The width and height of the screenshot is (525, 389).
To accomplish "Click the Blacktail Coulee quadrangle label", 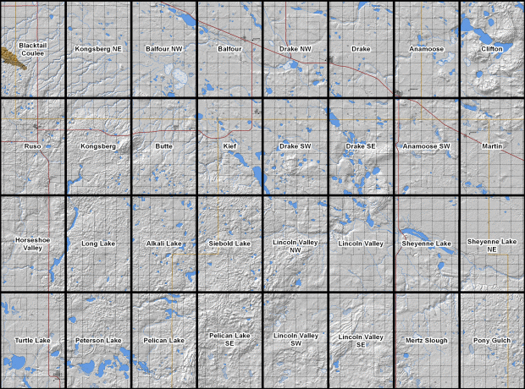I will click(x=32, y=49).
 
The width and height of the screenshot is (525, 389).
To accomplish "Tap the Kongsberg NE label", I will click(x=98, y=49).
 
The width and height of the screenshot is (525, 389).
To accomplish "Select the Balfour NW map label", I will click(x=164, y=49).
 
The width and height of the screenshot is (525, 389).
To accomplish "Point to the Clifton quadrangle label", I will click(x=492, y=49).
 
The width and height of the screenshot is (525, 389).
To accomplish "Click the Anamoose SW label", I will click(x=426, y=146).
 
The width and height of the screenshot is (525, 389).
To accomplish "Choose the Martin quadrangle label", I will click(x=492, y=146).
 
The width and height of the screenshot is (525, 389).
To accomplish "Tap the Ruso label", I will click(x=32, y=146).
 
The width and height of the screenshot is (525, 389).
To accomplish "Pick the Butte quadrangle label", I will click(x=164, y=146).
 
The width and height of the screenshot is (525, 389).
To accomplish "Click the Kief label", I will click(x=229, y=146).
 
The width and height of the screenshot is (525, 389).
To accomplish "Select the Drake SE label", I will click(x=361, y=146).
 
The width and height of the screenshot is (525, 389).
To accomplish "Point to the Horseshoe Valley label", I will click(x=32, y=244).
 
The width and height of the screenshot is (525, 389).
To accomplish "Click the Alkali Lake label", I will click(x=164, y=244).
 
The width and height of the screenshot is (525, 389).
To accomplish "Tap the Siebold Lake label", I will click(x=229, y=244).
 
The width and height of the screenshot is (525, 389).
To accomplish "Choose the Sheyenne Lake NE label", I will click(x=492, y=244).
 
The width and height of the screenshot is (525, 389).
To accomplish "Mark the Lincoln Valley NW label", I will click(x=296, y=244).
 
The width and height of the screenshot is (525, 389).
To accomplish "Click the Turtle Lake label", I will click(x=32, y=341).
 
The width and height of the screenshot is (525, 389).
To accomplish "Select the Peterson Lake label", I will click(x=98, y=341).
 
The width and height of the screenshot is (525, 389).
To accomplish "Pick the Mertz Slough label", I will click(x=426, y=341).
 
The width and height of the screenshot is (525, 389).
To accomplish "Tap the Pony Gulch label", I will click(x=492, y=341).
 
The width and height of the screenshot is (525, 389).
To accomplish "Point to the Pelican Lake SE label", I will click(x=229, y=340).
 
